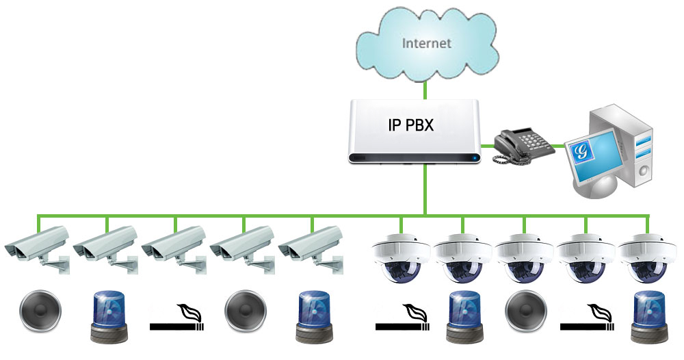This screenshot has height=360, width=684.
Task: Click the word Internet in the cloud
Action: [426, 43]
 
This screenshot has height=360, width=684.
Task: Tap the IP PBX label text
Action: [411, 125]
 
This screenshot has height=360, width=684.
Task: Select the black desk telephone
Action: [523, 146]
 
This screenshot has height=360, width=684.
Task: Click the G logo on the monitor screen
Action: [581, 151]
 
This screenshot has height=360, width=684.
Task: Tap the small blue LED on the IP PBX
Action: [475, 158]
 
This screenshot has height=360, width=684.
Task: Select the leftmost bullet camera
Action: [38, 249]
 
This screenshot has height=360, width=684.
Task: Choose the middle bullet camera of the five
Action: [174, 249]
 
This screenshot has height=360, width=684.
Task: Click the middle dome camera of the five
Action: [525, 258]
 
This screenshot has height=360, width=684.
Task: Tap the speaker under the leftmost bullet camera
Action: [40, 311]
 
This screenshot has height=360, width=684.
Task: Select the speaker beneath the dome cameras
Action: [526, 311]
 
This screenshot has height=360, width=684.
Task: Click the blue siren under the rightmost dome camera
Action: [650, 317]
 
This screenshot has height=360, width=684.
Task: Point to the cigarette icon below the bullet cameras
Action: [176, 318]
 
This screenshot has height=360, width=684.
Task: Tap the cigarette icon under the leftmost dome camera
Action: [403, 318]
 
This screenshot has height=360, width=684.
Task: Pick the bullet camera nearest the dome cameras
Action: [311, 249]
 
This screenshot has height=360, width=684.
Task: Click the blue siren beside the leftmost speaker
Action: [109, 317]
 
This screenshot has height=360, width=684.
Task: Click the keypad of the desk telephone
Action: [535, 140]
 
